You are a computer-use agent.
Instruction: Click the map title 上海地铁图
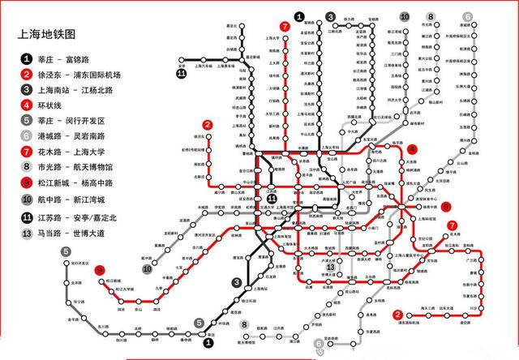click(x=47, y=35)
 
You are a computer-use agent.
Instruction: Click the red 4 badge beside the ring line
click(x=412, y=149)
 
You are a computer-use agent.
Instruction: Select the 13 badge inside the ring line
click(x=330, y=268)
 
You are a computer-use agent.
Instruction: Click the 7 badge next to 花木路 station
click(x=452, y=225)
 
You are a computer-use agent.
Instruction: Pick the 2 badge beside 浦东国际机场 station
click(x=397, y=315)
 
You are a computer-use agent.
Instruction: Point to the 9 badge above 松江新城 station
click(x=99, y=270)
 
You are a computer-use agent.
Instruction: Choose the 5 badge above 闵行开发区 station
click(x=66, y=251)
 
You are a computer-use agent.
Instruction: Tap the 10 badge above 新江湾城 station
click(x=404, y=16)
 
